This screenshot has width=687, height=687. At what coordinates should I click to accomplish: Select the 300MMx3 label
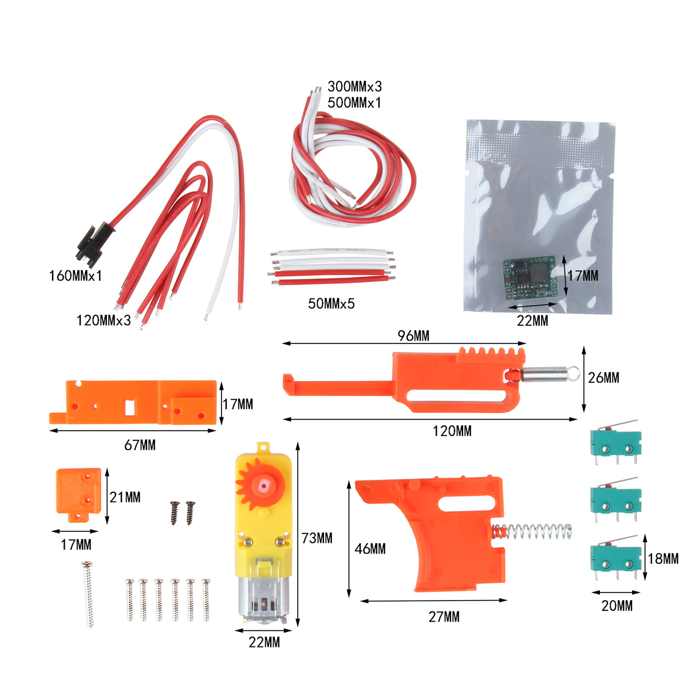[x=354, y=87]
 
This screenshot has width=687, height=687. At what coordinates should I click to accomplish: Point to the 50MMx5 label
[x=331, y=304]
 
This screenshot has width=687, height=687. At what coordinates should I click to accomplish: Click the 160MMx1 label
[x=75, y=276]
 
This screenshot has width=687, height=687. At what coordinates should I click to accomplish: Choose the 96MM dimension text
[x=413, y=336]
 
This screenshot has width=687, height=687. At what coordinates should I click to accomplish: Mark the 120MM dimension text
[x=452, y=431]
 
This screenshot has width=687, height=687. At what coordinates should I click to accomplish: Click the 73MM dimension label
[x=317, y=539]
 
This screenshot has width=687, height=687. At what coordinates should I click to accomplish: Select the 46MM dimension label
[x=370, y=549]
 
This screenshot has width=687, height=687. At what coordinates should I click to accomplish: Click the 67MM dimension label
[x=140, y=445]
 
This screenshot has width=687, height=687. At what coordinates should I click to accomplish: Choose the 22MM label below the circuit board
[x=532, y=321]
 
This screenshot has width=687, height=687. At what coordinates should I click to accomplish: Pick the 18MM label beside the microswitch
[x=663, y=559]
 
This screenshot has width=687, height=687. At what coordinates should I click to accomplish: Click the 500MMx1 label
[x=354, y=103]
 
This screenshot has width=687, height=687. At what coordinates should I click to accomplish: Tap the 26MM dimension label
[x=604, y=378]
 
